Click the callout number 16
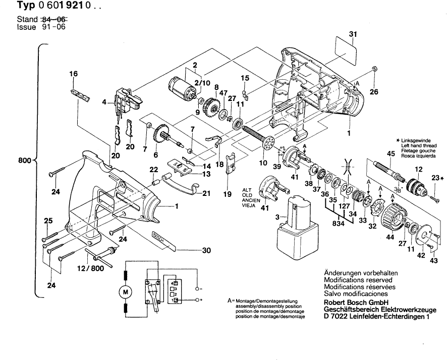(x=74, y=74)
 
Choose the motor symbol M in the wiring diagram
(x=126, y=291)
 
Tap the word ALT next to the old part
(x=247, y=176)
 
